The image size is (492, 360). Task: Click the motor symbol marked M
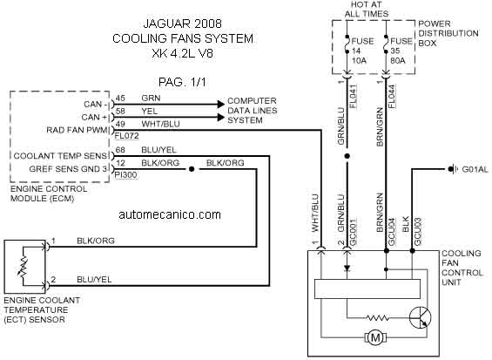pos(375,338)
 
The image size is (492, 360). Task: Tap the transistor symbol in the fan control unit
pos(420,317)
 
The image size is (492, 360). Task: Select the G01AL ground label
pos(475,169)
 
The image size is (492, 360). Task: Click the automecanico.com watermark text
pos(170,214)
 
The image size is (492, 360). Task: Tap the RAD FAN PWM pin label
pos(77,130)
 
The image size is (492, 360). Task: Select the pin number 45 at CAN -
pos(120,98)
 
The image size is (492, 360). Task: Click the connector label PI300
pos(126,175)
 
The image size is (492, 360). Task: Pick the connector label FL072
pos(127,136)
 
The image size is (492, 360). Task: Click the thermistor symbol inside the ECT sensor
pos(24,267)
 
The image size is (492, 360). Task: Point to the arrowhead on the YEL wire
pos(221,118)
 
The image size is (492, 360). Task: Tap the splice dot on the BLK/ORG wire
pos(192,169)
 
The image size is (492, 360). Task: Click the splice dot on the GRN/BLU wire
pos(347,156)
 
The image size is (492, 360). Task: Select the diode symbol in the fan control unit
pos(347,268)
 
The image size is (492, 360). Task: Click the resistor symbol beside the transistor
pos(377,318)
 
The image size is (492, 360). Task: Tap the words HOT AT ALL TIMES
pos(367,9)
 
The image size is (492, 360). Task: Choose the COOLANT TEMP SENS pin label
pos(60,156)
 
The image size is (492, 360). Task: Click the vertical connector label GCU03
pos(418,232)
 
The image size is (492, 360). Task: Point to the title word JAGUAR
pos(165,24)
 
